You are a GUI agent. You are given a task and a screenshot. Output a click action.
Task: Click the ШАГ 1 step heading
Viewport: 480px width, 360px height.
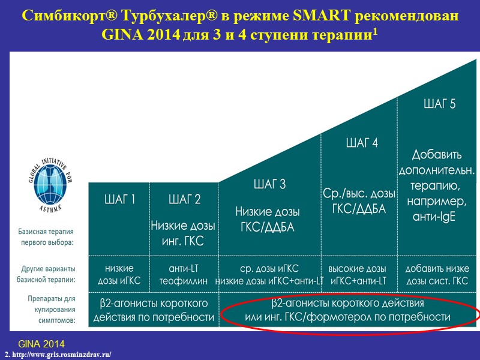[x=121, y=200]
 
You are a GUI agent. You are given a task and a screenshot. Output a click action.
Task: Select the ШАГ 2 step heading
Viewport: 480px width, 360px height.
[x=185, y=200]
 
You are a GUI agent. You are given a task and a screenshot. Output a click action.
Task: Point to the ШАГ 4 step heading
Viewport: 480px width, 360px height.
[x=362, y=143]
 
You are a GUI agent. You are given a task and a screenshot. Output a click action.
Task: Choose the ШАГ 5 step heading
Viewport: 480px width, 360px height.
[x=439, y=104]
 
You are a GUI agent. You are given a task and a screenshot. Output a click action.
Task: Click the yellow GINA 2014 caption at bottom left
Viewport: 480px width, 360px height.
[x=41, y=344]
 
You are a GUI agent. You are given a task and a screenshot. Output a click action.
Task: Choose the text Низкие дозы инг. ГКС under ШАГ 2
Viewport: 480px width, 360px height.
[x=185, y=234]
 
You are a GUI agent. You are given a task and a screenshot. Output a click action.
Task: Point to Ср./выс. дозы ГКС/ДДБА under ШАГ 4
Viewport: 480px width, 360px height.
[x=359, y=202]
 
